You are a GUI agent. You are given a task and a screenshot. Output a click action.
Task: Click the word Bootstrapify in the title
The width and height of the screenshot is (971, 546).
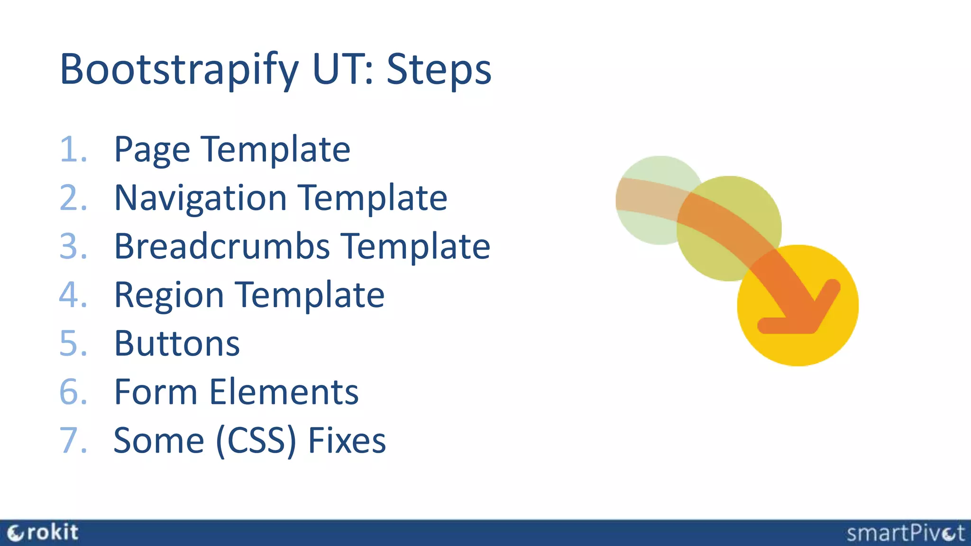(179, 70)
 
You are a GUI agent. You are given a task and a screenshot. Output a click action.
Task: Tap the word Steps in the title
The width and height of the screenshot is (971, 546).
(439, 70)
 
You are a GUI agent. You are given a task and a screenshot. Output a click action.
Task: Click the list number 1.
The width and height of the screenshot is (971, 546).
(72, 150)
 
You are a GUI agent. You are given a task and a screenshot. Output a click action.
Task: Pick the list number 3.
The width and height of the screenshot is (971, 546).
(73, 246)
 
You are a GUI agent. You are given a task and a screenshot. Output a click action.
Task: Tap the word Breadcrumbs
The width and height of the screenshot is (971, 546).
(222, 246)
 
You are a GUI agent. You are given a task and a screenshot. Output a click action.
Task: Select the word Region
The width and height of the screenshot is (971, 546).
(169, 296)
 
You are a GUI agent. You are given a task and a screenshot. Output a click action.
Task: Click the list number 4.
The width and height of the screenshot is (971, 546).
(73, 295)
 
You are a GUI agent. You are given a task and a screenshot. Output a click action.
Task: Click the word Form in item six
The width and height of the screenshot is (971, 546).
(156, 392)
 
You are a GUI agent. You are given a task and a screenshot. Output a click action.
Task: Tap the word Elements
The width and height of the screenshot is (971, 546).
(284, 392)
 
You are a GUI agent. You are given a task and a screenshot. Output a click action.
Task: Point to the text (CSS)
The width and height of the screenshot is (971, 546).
(256, 441)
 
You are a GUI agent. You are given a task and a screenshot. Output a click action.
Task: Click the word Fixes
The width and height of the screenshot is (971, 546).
(347, 440)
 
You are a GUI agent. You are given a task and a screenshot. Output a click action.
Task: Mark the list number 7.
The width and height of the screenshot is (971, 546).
(73, 440)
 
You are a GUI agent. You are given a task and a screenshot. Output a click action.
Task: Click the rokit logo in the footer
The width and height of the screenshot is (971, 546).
(43, 533)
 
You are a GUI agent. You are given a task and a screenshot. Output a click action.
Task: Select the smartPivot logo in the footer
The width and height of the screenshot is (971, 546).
(906, 533)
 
